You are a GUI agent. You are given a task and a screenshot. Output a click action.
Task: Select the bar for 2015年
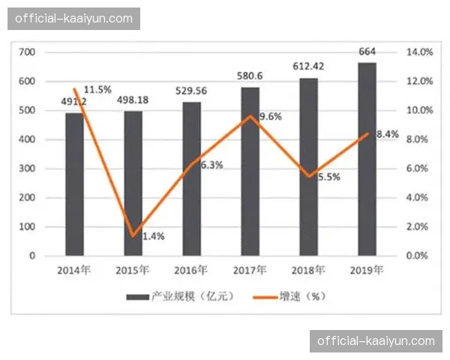pyautogui.click(x=133, y=183)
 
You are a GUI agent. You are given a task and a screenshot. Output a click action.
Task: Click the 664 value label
pyautogui.click(x=367, y=52)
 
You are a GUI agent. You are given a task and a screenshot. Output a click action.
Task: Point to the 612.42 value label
pyautogui.click(x=308, y=67)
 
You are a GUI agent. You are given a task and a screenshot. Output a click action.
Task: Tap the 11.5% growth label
pyautogui.click(x=97, y=90)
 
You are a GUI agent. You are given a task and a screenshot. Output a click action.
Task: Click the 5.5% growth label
pyautogui.click(x=328, y=178)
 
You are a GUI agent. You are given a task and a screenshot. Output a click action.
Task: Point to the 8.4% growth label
pyautogui.click(x=387, y=135)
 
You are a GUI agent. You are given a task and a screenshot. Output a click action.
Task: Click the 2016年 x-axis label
pyautogui.click(x=190, y=270)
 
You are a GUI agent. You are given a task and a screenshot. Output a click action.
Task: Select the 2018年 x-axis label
pyautogui.click(x=308, y=270)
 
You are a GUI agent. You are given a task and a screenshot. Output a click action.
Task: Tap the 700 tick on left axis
pyautogui.click(x=27, y=52)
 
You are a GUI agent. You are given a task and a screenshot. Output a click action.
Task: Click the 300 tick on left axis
pyautogui.click(x=27, y=169)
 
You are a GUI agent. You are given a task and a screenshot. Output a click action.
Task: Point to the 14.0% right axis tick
pyautogui.click(x=418, y=52)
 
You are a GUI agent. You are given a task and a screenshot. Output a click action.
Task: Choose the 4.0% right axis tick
pyautogui.click(x=418, y=197)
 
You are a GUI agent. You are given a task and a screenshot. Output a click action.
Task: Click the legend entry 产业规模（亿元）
pyautogui.click(x=180, y=296)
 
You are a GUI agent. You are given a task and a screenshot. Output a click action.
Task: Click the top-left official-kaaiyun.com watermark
pyautogui.click(x=73, y=18)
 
